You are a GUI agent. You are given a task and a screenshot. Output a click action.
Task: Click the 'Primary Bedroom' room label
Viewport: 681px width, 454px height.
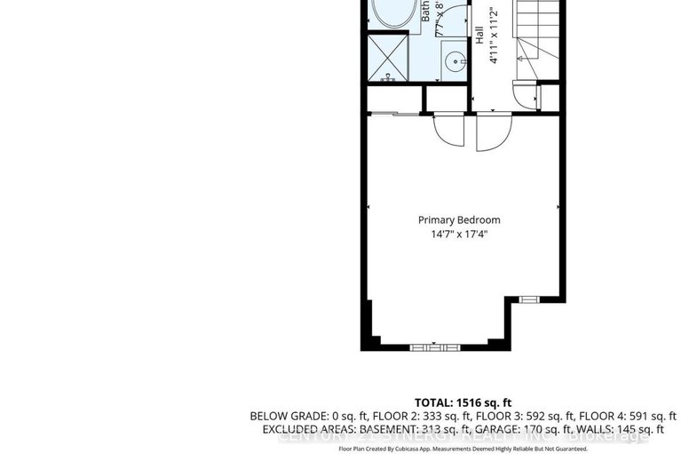(x=459, y=219)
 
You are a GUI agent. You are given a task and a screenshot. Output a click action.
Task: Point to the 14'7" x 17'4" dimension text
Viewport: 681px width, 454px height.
(x=459, y=235)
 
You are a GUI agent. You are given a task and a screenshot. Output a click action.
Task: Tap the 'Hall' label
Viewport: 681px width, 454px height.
(x=479, y=36)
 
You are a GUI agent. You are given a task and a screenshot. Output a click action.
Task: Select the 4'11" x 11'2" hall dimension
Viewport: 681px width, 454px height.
(x=495, y=36)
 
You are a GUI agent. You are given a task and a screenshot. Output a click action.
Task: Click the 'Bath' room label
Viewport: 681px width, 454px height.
(x=426, y=12)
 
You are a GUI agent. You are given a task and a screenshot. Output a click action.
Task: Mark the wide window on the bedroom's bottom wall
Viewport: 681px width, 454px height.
(x=435, y=346)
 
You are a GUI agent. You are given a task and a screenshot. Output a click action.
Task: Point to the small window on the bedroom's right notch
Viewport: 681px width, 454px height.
(x=528, y=299)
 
